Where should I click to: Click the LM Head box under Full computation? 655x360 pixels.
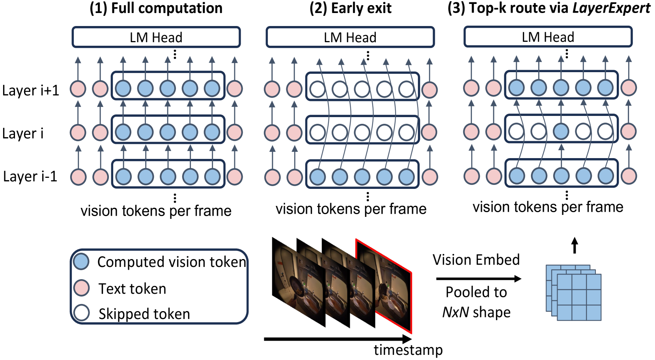pyautogui.click(x=156, y=37)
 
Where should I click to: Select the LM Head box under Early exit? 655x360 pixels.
pyautogui.click(x=350, y=37)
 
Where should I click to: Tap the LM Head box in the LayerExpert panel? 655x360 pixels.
pyautogui.click(x=548, y=37)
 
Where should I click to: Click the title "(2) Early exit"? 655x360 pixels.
pyautogui.click(x=350, y=8)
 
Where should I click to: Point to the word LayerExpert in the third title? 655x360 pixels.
pyautogui.click(x=611, y=8)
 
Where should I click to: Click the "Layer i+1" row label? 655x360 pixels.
pyautogui.click(x=30, y=90)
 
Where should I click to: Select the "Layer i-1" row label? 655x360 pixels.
pyautogui.click(x=30, y=176)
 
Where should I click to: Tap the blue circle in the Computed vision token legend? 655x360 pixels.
pyautogui.click(x=82, y=261)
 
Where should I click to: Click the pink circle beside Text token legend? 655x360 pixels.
pyautogui.click(x=82, y=288)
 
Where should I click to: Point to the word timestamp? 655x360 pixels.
pyautogui.click(x=408, y=350)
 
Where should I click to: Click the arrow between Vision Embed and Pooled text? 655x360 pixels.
pyautogui.click(x=478, y=279)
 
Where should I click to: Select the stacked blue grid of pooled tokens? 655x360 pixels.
pyautogui.click(x=574, y=293)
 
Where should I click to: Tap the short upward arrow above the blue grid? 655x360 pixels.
pyautogui.click(x=575, y=245)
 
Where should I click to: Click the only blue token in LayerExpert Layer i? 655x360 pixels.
pyautogui.click(x=561, y=131)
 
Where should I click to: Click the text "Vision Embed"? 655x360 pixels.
pyautogui.click(x=476, y=260)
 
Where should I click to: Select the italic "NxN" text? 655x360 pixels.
pyautogui.click(x=455, y=312)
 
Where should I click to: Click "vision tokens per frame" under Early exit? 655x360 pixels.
pyautogui.click(x=351, y=209)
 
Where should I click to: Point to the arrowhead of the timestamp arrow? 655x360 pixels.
pyautogui.click(x=407, y=339)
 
